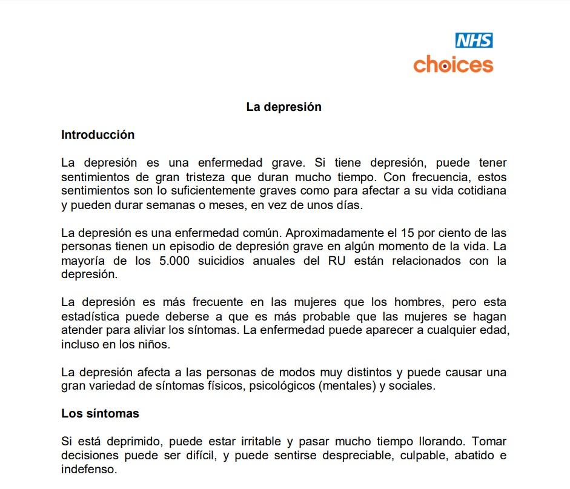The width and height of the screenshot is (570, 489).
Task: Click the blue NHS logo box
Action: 474,41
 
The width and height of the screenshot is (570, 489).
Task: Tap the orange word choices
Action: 453,64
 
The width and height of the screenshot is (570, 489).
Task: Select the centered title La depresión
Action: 283,107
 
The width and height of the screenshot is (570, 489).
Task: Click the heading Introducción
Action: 98,135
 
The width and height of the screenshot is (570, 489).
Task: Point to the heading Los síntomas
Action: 100,414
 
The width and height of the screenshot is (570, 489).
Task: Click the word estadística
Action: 91,316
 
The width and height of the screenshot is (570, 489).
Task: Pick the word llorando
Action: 439,442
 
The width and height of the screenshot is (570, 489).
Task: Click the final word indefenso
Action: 88,470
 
